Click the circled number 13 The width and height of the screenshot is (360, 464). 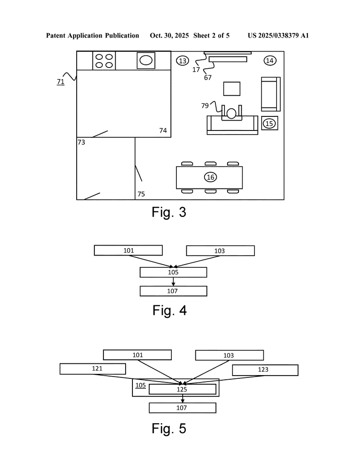click(x=182, y=61)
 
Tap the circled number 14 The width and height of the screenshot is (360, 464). click(x=270, y=61)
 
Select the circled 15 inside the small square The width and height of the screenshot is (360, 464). click(x=269, y=123)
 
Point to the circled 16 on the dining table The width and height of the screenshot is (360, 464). click(x=210, y=177)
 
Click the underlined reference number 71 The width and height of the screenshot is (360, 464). click(x=60, y=82)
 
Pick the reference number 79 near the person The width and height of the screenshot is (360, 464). click(x=205, y=106)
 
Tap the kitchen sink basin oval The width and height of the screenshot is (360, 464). click(x=146, y=60)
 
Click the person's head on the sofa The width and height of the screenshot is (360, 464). click(x=231, y=114)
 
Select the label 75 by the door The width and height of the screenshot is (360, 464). click(x=141, y=194)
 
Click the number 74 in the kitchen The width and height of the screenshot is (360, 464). click(x=163, y=130)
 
